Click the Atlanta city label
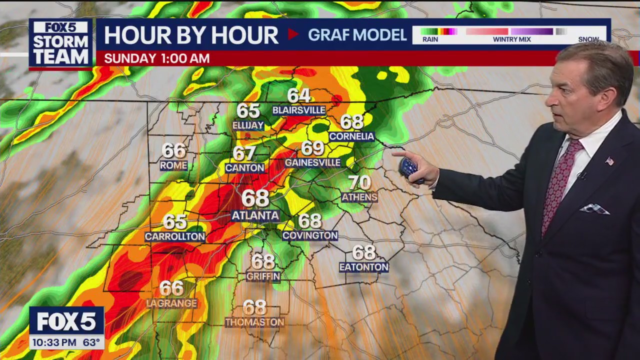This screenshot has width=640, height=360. [255, 216]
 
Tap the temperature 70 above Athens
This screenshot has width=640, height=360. [359, 182]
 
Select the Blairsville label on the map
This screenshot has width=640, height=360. [299, 110]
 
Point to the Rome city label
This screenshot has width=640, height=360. [173, 165]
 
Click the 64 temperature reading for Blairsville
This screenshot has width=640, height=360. [299, 95]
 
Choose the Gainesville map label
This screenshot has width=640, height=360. [312, 163]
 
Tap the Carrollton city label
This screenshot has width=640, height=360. [175, 237]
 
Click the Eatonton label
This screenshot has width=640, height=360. [363, 267]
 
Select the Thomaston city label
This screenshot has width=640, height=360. [254, 322]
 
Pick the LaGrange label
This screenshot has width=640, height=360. [171, 303]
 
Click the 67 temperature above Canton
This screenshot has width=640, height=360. [244, 153]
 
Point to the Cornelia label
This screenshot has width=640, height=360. [351, 136]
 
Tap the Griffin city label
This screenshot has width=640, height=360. [263, 276]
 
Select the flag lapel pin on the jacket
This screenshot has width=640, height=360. [609, 161]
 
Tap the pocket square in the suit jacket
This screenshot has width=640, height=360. [594, 209]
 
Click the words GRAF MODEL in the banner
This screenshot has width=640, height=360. [357, 35]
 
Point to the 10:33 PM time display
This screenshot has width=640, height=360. [52, 343]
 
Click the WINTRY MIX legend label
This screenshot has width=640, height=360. [511, 39]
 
